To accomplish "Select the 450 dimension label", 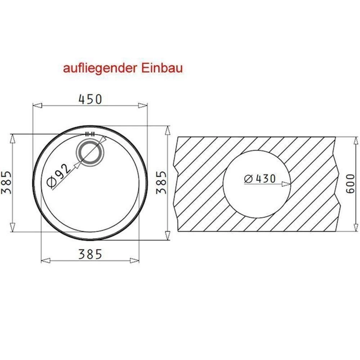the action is [x=90, y=99].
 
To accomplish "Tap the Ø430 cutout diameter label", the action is [x=260, y=179].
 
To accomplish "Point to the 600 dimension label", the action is [x=350, y=184].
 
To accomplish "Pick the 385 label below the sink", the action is [x=90, y=254].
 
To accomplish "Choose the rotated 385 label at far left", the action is [x=6, y=183].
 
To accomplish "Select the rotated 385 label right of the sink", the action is [x=161, y=183].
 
